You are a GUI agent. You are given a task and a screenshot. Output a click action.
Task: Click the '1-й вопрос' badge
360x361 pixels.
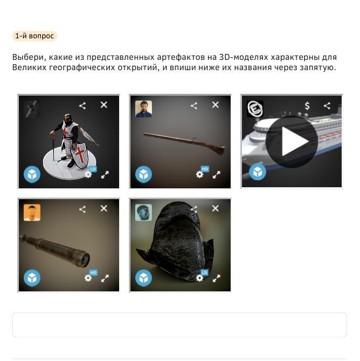(34, 36)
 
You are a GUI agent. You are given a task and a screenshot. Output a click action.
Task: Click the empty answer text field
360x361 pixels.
(179, 325)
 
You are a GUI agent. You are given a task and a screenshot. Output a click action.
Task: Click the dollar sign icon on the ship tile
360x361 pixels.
(307, 106)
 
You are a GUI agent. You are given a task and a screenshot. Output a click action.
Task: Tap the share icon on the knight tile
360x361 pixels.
(82, 106)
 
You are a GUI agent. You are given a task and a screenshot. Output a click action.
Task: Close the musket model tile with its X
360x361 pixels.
(216, 105)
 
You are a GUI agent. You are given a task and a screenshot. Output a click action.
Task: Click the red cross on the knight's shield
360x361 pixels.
(80, 154)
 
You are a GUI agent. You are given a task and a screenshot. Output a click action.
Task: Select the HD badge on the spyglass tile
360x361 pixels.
(93, 273)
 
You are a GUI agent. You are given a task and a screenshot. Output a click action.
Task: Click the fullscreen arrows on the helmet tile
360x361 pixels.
(216, 278)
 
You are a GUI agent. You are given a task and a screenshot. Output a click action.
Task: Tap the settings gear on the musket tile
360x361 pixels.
(199, 174)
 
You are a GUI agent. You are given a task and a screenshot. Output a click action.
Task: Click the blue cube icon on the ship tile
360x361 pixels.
(258, 172)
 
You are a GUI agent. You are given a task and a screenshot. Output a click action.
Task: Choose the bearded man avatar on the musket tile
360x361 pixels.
(143, 109)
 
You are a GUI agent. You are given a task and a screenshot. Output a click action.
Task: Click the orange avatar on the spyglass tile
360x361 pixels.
(32, 213)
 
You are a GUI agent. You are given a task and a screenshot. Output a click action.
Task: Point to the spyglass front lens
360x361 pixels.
(86, 260)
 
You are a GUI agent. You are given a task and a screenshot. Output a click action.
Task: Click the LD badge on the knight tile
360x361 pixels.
(93, 169)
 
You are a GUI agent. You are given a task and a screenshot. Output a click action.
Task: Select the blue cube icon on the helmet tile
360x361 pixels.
(143, 278)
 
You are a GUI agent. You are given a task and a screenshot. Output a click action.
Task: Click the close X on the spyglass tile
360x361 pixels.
(104, 208)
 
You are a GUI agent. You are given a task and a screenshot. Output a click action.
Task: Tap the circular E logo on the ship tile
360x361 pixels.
(255, 108)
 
